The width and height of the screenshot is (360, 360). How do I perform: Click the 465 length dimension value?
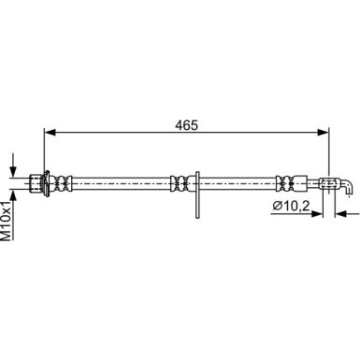click(x=186, y=125)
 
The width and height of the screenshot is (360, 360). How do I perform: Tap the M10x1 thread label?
click(x=7, y=221)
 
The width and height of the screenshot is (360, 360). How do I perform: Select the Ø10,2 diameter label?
click(x=291, y=206)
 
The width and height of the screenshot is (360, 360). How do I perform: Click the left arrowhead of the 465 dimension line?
click(x=50, y=132)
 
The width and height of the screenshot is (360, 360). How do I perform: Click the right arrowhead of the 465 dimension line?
click(x=323, y=132)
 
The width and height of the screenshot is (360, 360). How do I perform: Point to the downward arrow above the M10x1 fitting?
click(x=13, y=166)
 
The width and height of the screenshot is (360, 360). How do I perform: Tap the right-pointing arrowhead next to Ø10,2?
click(x=316, y=214)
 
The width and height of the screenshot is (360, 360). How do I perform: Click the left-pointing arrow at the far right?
click(x=347, y=214)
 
